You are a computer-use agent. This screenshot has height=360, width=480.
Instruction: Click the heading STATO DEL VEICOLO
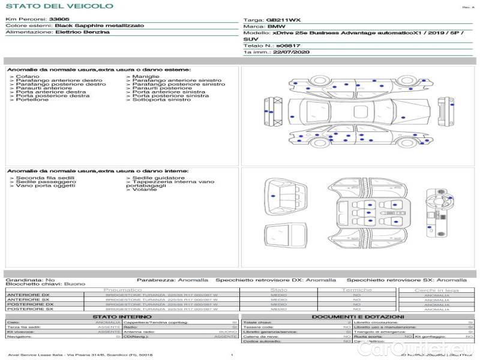59,6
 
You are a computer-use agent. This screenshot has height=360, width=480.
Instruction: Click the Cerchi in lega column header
436,290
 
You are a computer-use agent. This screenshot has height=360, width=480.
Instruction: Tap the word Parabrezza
155,280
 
